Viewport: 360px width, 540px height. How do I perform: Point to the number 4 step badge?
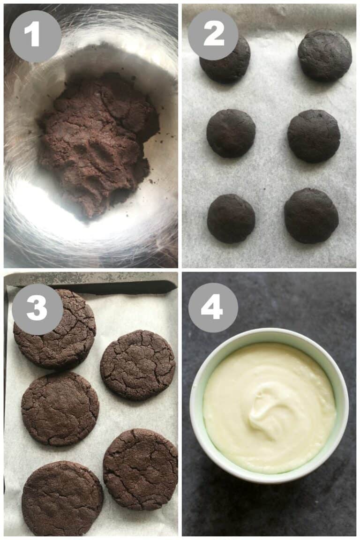(x=213, y=307)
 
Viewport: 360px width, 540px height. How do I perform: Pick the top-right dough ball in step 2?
(x=324, y=55)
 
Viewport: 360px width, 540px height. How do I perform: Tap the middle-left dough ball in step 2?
(x=231, y=134)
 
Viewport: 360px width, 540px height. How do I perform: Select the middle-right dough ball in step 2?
(x=314, y=136)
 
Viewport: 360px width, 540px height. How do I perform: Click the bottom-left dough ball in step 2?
(x=231, y=218)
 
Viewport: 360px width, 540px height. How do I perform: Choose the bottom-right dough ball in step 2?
(x=311, y=216)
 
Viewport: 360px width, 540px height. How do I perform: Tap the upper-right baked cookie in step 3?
(x=137, y=365)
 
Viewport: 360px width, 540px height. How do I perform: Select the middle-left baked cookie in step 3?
(x=60, y=408)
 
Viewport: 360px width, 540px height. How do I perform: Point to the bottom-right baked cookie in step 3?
(x=141, y=469)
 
